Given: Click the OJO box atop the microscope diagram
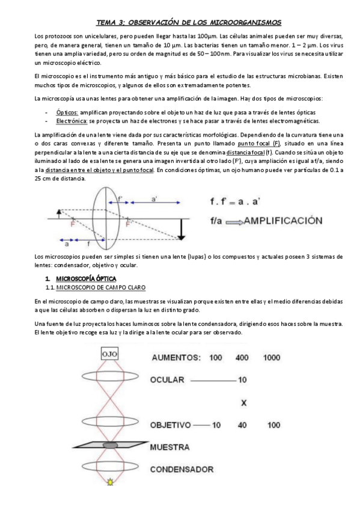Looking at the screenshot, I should tap(110, 354).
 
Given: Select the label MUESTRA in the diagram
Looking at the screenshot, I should tap(170, 447).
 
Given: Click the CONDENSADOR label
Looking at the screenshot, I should tap(182, 469).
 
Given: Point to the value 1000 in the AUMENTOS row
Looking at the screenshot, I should tap(272, 357).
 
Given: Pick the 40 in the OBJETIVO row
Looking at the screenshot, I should tap(243, 425).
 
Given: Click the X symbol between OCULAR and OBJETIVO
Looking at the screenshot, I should tap(243, 402).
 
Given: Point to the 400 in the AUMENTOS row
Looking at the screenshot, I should tap(242, 357).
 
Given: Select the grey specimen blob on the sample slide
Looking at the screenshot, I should tap(109, 444).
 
